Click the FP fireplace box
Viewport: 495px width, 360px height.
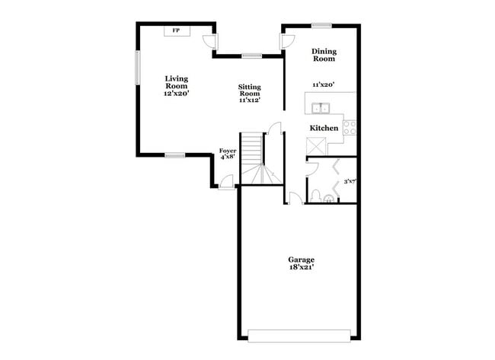(x=177, y=30)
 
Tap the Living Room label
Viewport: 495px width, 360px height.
(x=177, y=81)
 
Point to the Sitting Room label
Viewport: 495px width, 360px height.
(x=250, y=91)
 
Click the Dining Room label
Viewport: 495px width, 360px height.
(x=324, y=55)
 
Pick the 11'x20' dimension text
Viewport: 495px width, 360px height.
(x=324, y=84)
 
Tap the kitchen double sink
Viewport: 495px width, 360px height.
(x=321, y=107)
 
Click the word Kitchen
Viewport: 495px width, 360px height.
(x=324, y=128)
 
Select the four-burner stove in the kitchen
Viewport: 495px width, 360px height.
(x=350, y=127)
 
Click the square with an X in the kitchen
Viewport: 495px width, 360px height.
(x=316, y=145)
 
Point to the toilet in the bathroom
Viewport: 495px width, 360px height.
(x=328, y=198)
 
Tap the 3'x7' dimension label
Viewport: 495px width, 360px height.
(x=350, y=181)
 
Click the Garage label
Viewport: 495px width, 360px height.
(x=301, y=260)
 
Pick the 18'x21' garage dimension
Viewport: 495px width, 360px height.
(x=301, y=268)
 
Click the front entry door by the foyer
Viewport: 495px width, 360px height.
(x=225, y=183)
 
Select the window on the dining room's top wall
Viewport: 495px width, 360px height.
(x=321, y=25)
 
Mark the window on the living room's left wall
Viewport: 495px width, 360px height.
(x=138, y=68)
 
